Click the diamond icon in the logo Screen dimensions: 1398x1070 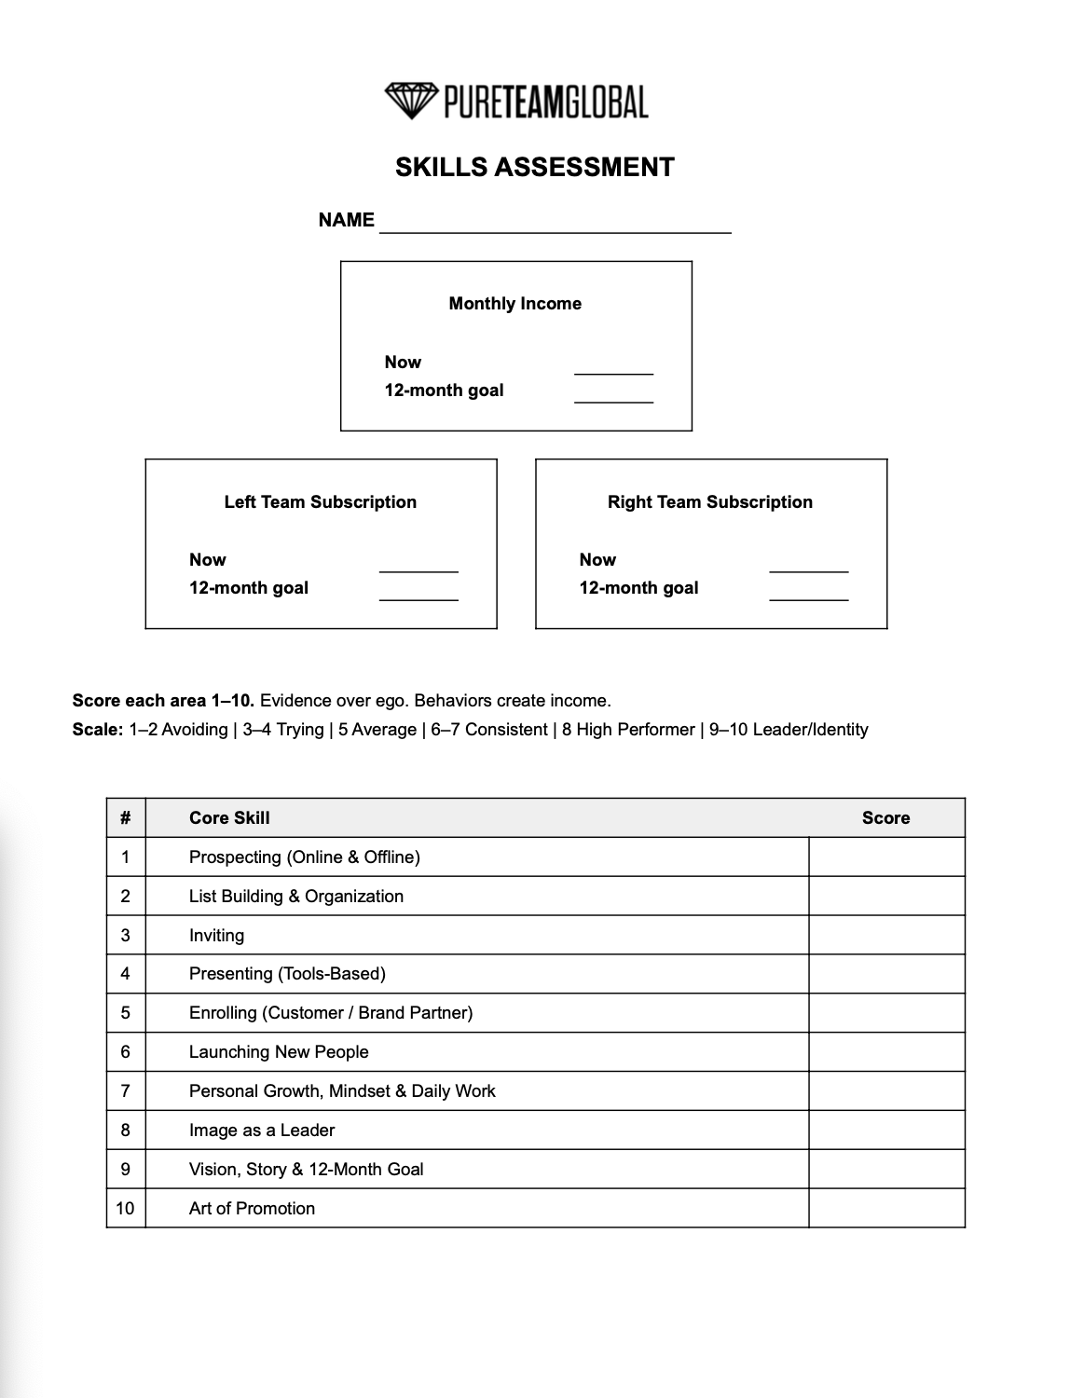411,101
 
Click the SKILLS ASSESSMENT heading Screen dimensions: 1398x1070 534,168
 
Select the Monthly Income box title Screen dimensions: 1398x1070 514,304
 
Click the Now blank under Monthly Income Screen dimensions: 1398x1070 613,365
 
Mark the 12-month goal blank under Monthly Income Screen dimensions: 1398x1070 613,394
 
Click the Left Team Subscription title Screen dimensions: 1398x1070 320,502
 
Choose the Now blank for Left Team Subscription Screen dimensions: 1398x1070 418,563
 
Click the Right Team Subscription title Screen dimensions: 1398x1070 709,502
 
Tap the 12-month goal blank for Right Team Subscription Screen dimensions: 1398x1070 808,592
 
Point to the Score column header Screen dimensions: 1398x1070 885,818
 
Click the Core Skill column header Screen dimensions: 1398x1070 229,818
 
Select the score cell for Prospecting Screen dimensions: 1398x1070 886,857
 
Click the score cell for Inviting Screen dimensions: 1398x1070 886,936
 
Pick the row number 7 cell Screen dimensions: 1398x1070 126,1091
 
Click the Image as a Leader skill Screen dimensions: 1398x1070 262,1131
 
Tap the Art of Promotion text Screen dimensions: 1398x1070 252,1209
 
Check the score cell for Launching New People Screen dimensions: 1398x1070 886,1052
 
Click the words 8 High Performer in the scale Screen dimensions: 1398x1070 628,730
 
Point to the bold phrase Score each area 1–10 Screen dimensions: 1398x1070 163,701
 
